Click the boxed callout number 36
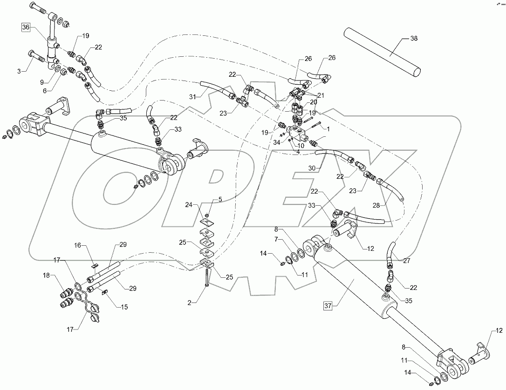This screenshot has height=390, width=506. pyautogui.click(x=25, y=27)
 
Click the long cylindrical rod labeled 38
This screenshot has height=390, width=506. pyautogui.click(x=382, y=52)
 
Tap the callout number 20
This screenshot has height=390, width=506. pyautogui.click(x=313, y=102)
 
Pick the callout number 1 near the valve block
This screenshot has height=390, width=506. pyautogui.click(x=328, y=128)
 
